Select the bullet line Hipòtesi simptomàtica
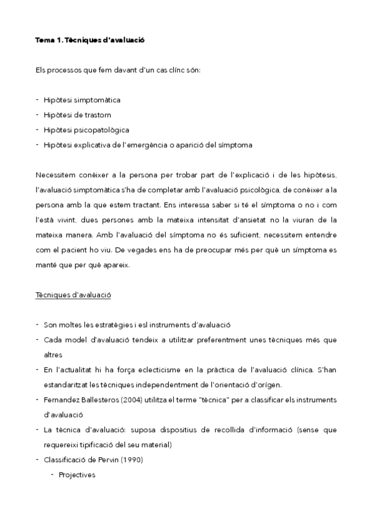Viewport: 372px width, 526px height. [82, 99]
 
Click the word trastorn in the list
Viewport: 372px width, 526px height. [99, 115]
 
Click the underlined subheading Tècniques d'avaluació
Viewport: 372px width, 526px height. [73, 295]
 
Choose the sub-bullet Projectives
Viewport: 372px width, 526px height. [77, 475]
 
